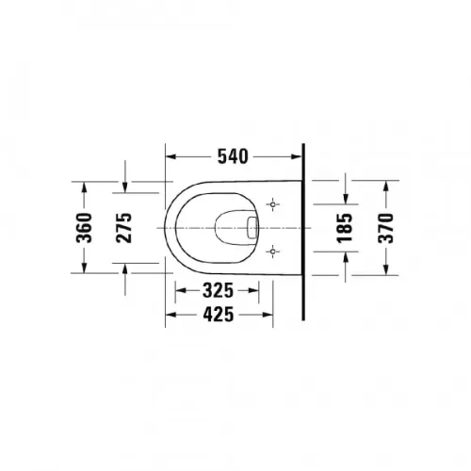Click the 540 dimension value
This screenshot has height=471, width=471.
pyautogui.click(x=233, y=156)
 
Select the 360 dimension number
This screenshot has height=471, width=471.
pyautogui.click(x=84, y=228)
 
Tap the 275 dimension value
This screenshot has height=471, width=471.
pyautogui.click(x=124, y=228)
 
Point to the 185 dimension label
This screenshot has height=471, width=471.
pyautogui.click(x=345, y=228)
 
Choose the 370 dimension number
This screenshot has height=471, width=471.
pyautogui.click(x=386, y=228)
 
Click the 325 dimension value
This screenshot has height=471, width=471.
pyautogui.click(x=218, y=290)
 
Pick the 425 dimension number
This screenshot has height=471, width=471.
pyautogui.click(x=219, y=315)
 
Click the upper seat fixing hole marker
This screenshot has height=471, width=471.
pyautogui.click(x=273, y=204)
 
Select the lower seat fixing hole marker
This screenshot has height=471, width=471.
pyautogui.click(x=273, y=252)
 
